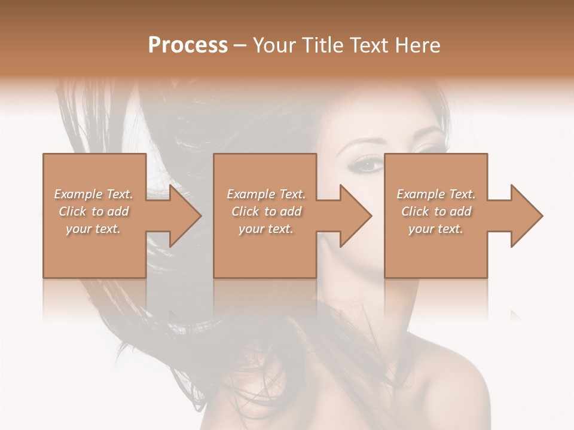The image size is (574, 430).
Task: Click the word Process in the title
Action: pos(188,45)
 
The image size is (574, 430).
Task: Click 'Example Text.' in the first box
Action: pos(93,194)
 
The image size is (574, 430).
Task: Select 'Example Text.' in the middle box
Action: pos(265,194)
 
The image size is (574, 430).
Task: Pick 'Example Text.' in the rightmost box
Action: pos(436,194)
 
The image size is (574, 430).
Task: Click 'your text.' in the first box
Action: pos(93,229)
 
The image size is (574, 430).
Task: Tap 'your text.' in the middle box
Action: pos(265,229)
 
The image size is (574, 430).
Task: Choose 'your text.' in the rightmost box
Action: pos(436,229)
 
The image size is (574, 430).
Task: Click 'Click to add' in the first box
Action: pos(93,211)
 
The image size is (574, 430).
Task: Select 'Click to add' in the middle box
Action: pos(265,211)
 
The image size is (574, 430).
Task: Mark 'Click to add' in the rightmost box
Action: pos(436,211)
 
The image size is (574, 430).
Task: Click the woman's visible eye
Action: pos(368,163)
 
